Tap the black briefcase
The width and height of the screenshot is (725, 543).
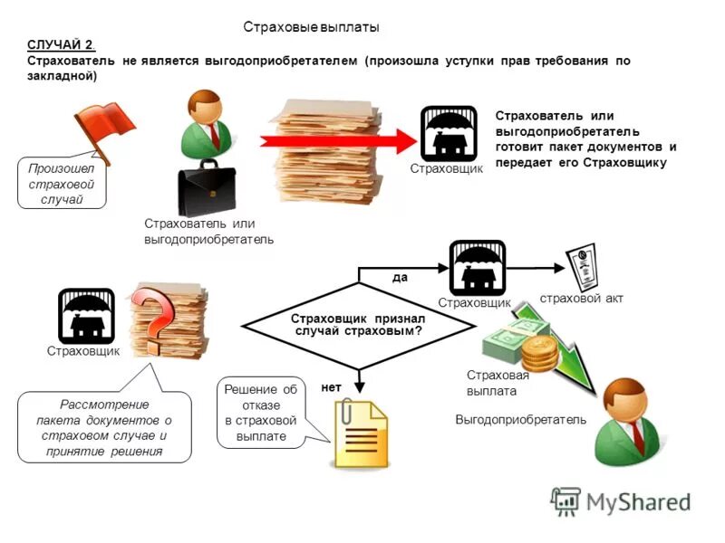click(207, 188)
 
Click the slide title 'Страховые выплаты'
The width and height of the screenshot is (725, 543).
click(311, 27)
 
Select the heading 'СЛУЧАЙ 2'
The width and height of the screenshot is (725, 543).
click(61, 44)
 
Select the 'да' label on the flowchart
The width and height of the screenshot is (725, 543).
click(400, 278)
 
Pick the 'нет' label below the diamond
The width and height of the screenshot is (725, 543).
click(331, 387)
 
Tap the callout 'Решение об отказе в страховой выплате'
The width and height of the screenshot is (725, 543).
click(261, 414)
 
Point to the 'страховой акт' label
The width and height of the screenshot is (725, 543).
click(581, 299)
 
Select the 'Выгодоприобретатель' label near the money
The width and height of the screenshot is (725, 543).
click(520, 420)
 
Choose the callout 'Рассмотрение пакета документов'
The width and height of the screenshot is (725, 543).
click(104, 427)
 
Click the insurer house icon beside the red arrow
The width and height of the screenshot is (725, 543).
click(449, 134)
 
